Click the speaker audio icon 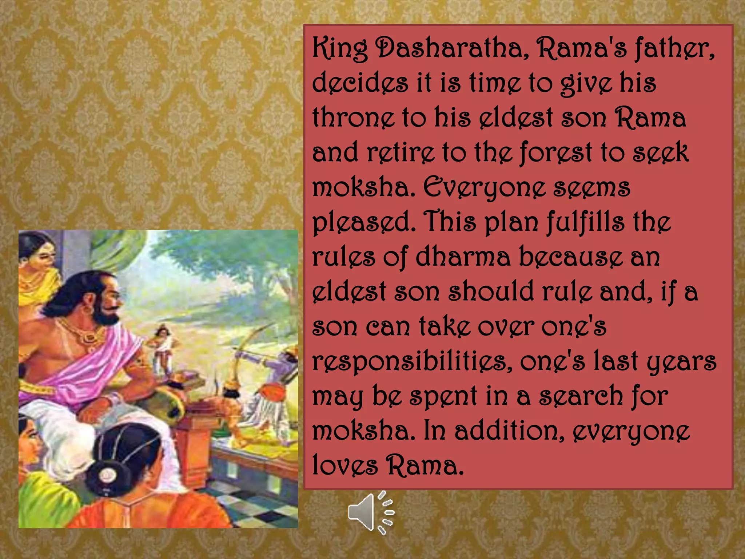(x=370, y=512)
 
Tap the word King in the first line (x=340, y=49)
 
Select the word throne (x=353, y=118)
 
